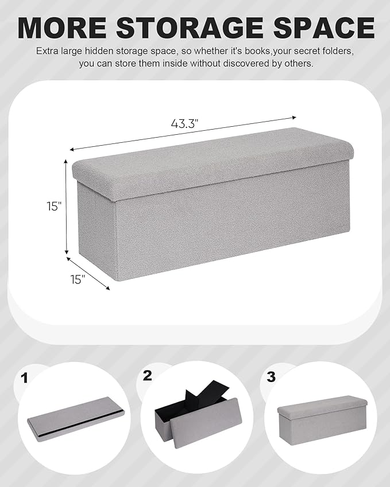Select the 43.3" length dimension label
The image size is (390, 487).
pyautogui.click(x=184, y=123)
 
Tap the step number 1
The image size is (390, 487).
pyautogui.click(x=24, y=377)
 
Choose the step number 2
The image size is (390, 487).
pyautogui.click(x=148, y=376)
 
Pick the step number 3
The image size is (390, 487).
pyautogui.click(x=271, y=377)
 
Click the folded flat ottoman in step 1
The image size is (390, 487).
pyautogui.click(x=74, y=423)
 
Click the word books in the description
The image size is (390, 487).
pyautogui.click(x=253, y=51)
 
